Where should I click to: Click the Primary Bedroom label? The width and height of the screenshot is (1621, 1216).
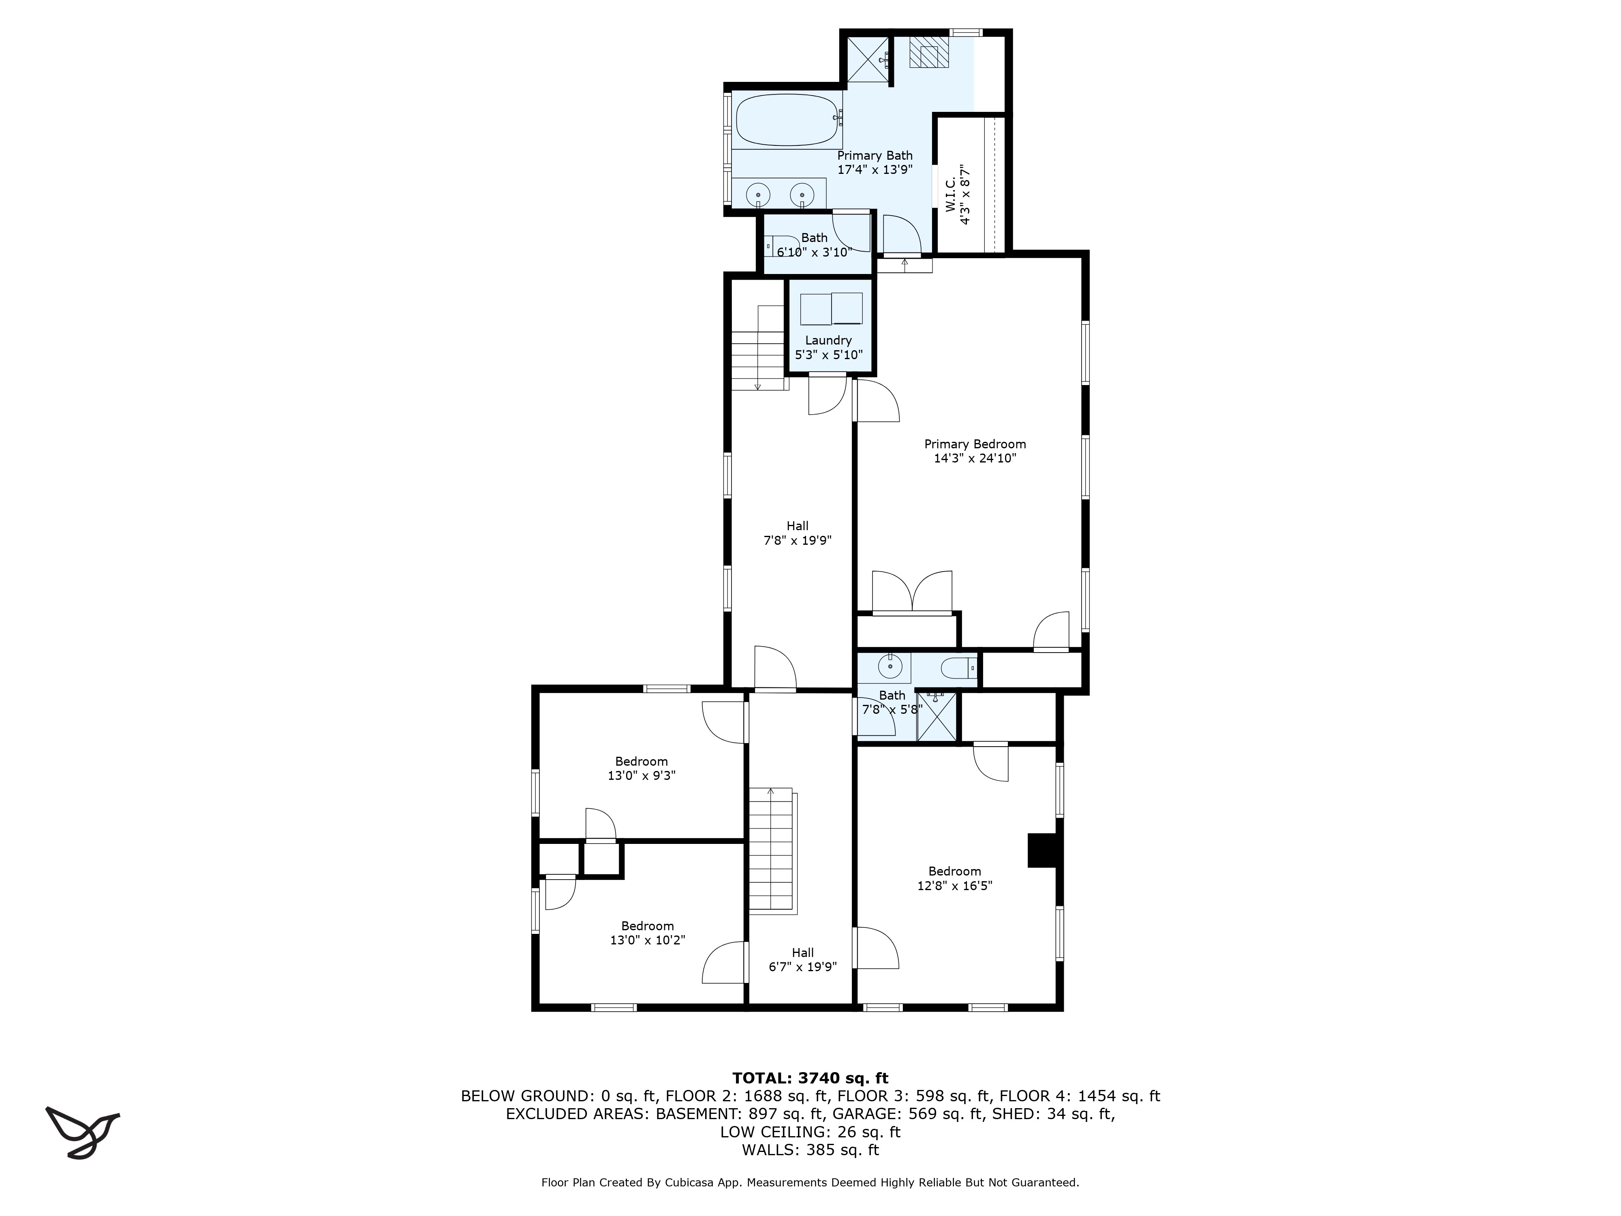pos(975,444)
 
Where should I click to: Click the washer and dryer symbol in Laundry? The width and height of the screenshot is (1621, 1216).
pos(831,308)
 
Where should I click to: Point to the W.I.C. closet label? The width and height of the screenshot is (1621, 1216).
pos(958,194)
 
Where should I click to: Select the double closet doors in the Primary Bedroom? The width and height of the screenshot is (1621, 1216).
pos(912,591)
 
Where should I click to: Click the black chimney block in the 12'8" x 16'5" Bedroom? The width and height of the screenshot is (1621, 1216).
pos(1042,850)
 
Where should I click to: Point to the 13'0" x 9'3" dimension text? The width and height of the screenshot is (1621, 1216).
pos(641,775)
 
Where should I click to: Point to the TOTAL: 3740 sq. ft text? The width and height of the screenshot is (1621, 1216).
pos(810,1078)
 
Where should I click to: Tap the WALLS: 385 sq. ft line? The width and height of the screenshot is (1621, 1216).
pos(810,1150)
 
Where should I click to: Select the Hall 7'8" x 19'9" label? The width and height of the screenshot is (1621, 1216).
pos(797,533)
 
